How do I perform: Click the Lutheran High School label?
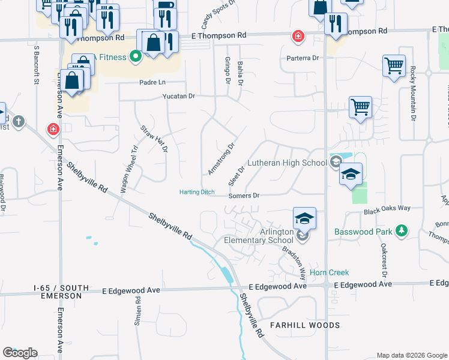tap(289, 163)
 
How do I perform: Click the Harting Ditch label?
tap(197, 192)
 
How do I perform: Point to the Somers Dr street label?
tap(244, 196)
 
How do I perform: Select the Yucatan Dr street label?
tap(178, 96)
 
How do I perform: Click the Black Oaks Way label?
tap(387, 208)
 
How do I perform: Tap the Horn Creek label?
tap(329, 272)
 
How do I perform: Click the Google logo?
tap(20, 353)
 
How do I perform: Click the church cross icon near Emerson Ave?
tap(19, 122)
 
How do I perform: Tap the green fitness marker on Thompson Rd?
tap(136, 58)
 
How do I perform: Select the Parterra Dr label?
tap(303, 58)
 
